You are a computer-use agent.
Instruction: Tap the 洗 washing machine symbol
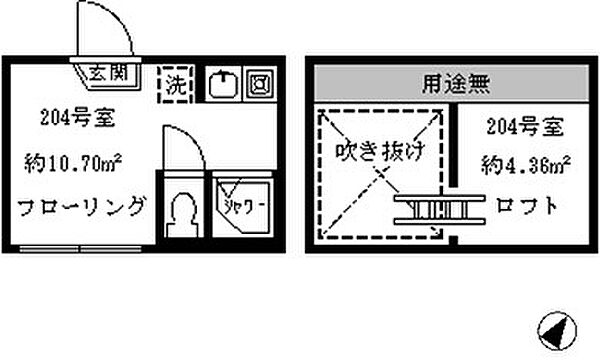176,82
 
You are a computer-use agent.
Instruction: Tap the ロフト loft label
525,208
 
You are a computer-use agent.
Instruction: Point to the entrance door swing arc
118,30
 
